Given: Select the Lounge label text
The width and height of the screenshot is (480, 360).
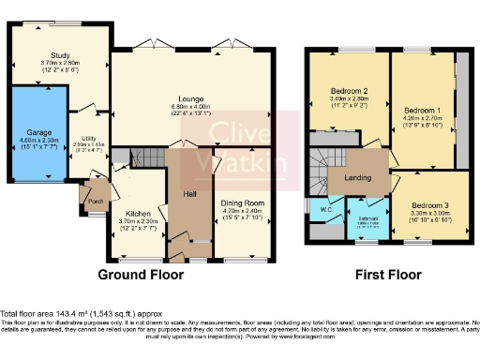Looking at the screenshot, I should click(192, 97).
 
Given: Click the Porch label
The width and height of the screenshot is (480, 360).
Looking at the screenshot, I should click(95, 199).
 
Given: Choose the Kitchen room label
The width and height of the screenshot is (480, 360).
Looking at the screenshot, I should click(139, 214).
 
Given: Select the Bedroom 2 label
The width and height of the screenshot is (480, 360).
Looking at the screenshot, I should click(347, 91).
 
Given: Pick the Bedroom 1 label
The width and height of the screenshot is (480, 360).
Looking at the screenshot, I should click(422, 110).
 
